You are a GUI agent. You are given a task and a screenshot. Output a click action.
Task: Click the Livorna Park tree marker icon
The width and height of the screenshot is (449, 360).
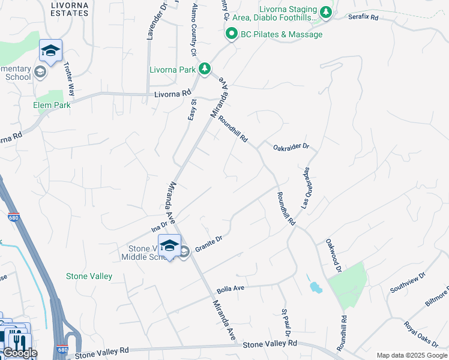(x=205, y=70)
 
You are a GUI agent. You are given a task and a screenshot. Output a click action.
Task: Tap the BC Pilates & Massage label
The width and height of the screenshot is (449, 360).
(x=282, y=34)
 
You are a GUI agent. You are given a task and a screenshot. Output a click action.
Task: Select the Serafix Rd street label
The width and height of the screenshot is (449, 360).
(x=364, y=17)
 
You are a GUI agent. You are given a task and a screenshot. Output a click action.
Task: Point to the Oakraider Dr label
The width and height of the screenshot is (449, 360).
(x=291, y=146)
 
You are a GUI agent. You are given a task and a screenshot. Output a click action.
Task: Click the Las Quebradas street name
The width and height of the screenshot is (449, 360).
(x=305, y=188)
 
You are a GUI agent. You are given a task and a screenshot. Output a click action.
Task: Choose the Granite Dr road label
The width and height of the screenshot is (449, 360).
(x=209, y=242)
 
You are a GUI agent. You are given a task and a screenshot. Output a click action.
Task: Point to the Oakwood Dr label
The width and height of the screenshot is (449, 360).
(x=333, y=256)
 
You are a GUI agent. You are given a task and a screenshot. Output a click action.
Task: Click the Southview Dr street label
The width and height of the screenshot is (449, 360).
(x=408, y=282)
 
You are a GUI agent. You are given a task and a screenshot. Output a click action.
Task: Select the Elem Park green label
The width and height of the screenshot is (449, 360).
(x=52, y=105)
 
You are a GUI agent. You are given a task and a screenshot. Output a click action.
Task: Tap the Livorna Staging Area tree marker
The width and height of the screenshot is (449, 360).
(x=326, y=13)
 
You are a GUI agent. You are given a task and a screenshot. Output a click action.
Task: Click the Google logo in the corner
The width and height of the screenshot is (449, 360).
(x=20, y=352)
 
